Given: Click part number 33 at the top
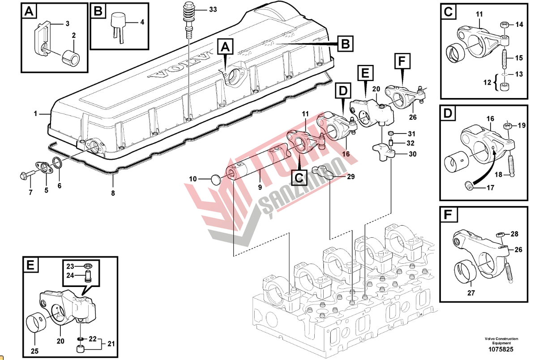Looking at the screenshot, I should (213, 9).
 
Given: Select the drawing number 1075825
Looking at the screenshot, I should (501, 349).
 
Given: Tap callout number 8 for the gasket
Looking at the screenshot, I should (113, 193).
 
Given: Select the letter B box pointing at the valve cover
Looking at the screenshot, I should (344, 44).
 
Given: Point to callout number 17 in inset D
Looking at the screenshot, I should (490, 188).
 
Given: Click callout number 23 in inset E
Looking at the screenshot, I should (70, 266).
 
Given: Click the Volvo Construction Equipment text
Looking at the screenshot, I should (501, 341).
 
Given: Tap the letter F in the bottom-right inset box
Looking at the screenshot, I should (448, 215).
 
